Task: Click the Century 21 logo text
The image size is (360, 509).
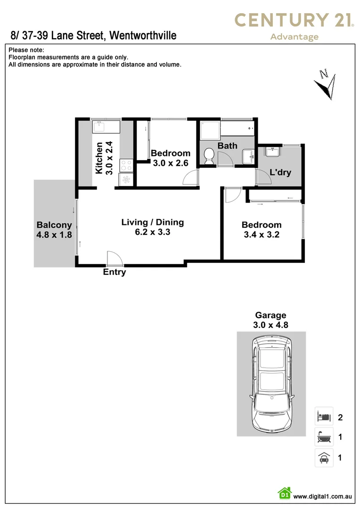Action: coord(295,20)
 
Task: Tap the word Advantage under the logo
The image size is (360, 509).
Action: coord(295,37)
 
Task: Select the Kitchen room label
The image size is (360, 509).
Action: coord(99,158)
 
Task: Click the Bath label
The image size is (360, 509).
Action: coord(227,146)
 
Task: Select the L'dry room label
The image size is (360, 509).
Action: coord(280,172)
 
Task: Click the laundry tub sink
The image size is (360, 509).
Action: coord(272,152)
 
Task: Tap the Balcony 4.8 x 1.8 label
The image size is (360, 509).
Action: coord(54,230)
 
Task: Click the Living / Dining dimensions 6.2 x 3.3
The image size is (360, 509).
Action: coord(153,232)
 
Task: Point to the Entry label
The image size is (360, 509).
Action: coord(115,272)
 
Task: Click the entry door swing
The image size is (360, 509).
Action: coord(113,258)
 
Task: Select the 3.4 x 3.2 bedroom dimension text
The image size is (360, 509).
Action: coord(262,234)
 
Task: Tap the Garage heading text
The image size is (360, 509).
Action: coord(270,315)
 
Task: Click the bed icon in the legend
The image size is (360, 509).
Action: coord(324,416)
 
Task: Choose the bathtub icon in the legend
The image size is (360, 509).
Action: coord(324,437)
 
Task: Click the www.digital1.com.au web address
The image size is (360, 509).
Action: coord(323,496)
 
